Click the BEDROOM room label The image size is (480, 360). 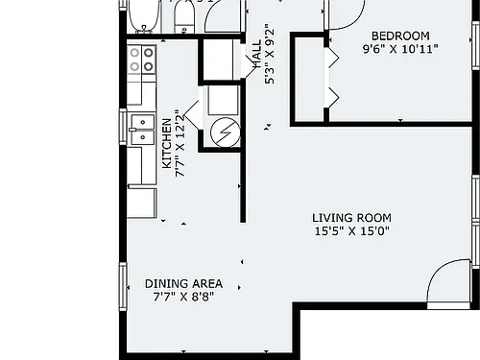400,36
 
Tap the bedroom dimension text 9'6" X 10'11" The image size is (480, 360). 400,49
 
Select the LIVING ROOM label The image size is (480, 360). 351,218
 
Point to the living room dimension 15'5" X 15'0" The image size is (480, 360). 351,230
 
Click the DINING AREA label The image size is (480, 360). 183,284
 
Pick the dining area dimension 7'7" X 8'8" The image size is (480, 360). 183,297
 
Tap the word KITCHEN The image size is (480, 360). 167,144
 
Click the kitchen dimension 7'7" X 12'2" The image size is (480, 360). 180,144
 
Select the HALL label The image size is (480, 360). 257,55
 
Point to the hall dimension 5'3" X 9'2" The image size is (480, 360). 270,54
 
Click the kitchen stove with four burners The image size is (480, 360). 142,60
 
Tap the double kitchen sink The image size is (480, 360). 143,130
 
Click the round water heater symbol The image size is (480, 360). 226,132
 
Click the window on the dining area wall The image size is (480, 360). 123,286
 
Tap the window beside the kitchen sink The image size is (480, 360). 123,127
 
